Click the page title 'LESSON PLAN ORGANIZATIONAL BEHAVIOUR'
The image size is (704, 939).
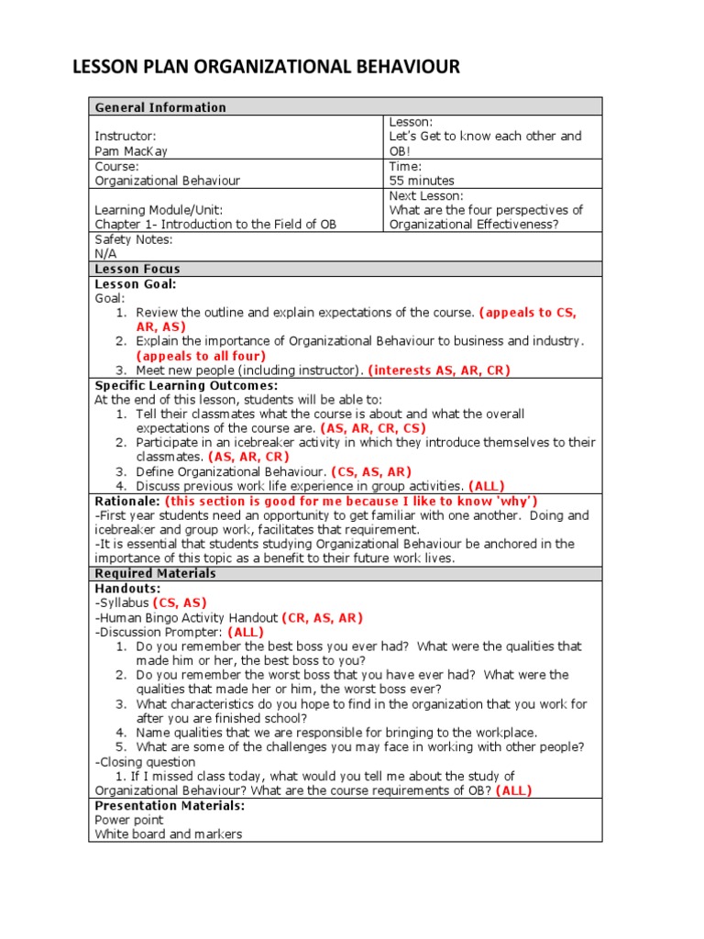pos(265,67)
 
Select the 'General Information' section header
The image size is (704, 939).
pos(160,107)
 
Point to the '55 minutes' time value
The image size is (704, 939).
pos(422,181)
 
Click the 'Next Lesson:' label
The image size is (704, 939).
pos(426,195)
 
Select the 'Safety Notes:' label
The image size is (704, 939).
pos(134,239)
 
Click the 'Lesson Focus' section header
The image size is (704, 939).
pos(137,269)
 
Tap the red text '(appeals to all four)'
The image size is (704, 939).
pos(201,356)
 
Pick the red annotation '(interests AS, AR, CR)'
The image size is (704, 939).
pos(439,370)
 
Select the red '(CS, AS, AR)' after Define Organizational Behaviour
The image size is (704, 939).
pos(371,471)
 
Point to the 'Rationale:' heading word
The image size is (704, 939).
pos(127,502)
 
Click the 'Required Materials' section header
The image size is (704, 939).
pos(156,573)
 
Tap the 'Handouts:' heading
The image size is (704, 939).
pos(127,588)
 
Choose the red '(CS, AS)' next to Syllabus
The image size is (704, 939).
pos(180,602)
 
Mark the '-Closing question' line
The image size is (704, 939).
pos(145,762)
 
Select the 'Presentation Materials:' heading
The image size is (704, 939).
pos(170,805)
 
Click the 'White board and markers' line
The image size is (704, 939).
pos(169,834)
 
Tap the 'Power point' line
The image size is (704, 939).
pos(129,820)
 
